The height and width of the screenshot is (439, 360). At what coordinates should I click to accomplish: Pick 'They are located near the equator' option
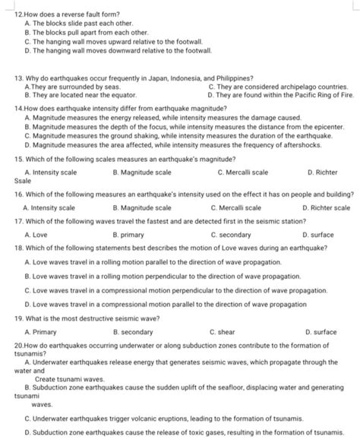[x=79, y=96]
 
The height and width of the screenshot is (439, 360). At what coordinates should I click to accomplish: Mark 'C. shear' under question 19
[x=225, y=332]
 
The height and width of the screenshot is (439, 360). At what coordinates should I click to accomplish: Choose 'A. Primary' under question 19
[x=39, y=332]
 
